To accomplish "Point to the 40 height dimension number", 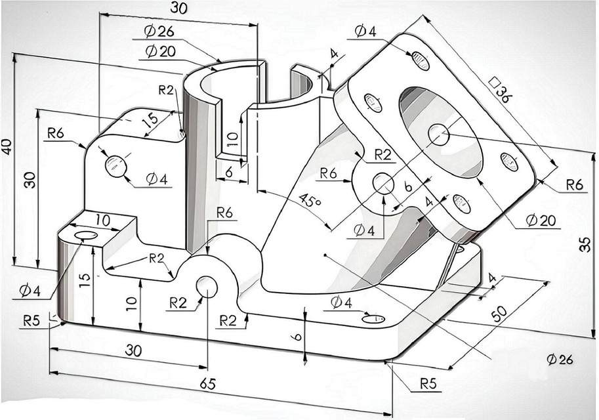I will click(8, 146).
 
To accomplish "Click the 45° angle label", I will click(310, 200).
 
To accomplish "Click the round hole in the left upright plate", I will click(116, 165).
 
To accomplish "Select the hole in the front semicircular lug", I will click(207, 286).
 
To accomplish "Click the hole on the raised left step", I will click(85, 235).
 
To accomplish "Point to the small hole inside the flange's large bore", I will click(439, 134).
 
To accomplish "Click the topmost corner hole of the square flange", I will click(421, 60).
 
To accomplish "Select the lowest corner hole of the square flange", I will click(462, 204).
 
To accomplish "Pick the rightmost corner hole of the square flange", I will click(509, 161).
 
